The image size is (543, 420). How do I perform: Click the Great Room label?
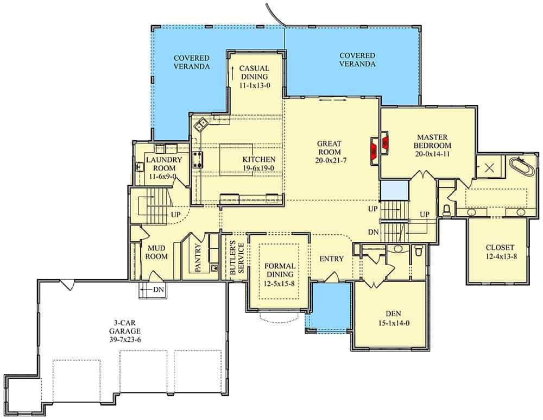(330, 148)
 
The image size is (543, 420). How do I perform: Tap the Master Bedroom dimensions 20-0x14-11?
(433, 154)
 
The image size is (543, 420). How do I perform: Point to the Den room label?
(393, 314)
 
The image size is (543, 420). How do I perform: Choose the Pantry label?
(198, 258)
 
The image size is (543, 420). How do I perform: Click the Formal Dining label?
(280, 270)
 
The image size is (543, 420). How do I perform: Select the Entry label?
(331, 259)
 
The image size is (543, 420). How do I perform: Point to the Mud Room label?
(156, 252)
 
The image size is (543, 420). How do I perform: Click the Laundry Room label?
(164, 164)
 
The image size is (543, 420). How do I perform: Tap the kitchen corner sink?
(201, 124)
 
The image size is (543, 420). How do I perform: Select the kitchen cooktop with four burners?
(198, 160)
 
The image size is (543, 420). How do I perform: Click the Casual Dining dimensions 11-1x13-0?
(254, 85)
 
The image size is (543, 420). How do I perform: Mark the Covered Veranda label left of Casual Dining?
(192, 62)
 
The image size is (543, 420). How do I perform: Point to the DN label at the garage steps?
(159, 290)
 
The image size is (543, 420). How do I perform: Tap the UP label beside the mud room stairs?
(176, 215)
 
